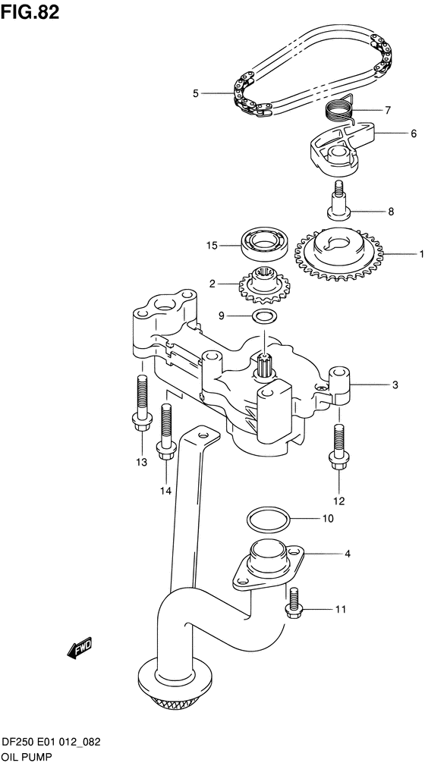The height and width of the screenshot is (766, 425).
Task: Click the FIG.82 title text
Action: click(32, 12)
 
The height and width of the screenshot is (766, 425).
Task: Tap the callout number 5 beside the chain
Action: click(195, 93)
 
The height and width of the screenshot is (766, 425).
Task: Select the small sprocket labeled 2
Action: click(262, 286)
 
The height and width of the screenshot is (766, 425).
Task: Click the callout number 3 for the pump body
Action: click(395, 385)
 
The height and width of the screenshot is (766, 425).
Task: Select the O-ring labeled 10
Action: click(268, 521)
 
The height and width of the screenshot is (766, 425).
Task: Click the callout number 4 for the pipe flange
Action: click(347, 554)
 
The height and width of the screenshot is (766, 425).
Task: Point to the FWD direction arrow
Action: click(79, 647)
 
